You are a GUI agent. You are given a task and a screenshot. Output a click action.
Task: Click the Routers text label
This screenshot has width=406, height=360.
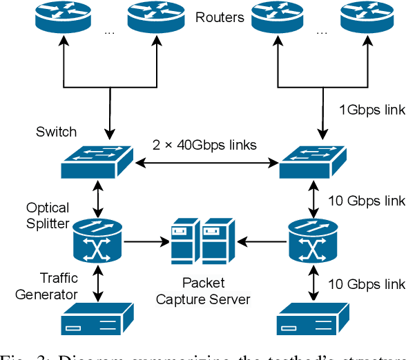(x=220, y=17)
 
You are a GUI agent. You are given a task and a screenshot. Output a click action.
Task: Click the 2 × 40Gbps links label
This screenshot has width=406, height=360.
(x=204, y=145)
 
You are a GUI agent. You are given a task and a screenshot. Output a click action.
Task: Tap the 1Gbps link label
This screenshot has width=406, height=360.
(x=371, y=109)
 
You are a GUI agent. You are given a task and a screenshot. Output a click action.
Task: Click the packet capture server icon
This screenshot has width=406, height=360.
(x=204, y=242)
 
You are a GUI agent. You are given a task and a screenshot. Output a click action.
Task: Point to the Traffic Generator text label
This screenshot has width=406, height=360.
(x=49, y=286)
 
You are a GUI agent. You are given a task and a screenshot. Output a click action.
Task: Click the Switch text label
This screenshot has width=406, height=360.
(x=55, y=132)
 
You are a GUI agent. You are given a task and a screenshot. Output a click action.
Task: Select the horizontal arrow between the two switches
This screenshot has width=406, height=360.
(x=204, y=163)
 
